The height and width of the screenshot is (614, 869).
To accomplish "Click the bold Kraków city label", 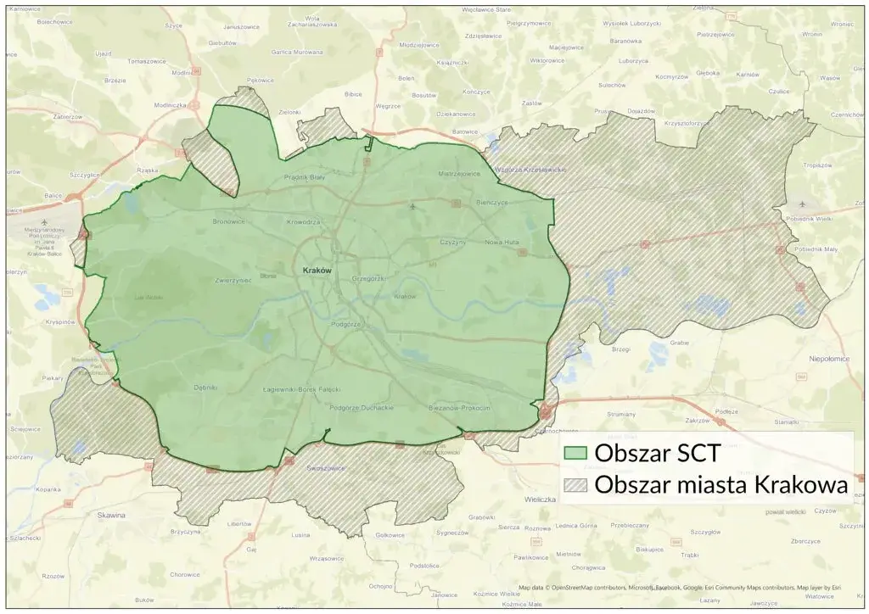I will tap(315, 270).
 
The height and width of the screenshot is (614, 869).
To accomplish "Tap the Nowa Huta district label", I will tap(500, 243).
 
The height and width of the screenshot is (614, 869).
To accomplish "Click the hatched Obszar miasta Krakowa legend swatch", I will tap(576, 486).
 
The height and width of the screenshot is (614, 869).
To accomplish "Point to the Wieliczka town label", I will tap(540, 500).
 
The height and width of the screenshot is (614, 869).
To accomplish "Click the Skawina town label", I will tap(111, 515).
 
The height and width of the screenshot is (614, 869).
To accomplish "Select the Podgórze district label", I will tap(346, 325).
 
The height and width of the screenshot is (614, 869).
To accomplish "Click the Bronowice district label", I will tap(228, 221).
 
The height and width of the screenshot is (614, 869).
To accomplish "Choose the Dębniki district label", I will tap(206, 388).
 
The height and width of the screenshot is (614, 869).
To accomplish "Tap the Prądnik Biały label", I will tap(305, 177).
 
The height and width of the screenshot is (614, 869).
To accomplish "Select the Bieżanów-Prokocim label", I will tap(461, 408).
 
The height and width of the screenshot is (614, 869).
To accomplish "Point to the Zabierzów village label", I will tap(68, 116).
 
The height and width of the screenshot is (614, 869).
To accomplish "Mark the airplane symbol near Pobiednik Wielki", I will tap(804, 204).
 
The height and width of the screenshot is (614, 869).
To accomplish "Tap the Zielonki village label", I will tap(289, 112).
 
